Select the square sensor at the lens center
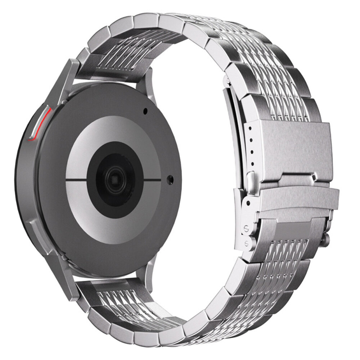[x=115, y=179]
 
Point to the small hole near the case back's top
[x=145, y=111]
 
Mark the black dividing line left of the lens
[x=77, y=179]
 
